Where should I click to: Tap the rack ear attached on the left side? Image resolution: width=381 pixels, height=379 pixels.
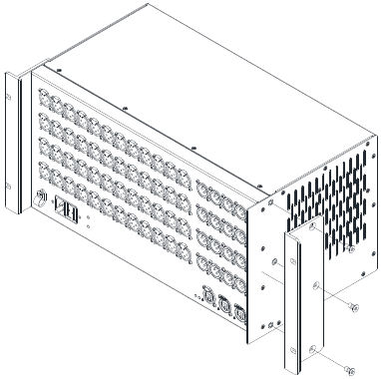point(13,140)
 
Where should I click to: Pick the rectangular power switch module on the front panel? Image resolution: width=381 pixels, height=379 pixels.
point(64,210)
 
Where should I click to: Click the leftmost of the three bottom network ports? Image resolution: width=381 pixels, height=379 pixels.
point(209,294)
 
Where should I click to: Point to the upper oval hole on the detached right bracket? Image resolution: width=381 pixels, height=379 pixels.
point(312,287)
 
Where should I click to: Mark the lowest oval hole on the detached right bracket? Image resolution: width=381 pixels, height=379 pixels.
point(313,347)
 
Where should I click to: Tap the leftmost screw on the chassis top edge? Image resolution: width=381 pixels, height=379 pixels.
point(59,69)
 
